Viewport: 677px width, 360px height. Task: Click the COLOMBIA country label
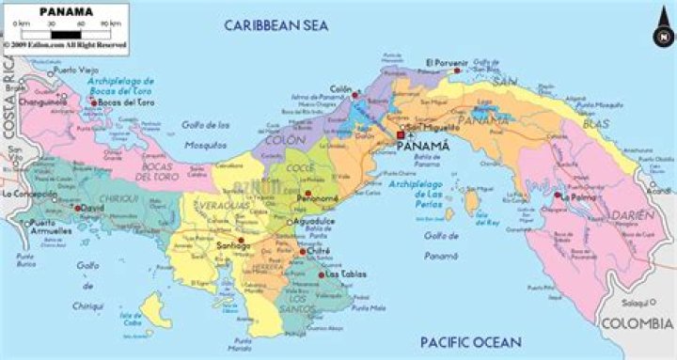point(638,324)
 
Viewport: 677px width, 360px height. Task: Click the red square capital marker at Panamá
point(401,134)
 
